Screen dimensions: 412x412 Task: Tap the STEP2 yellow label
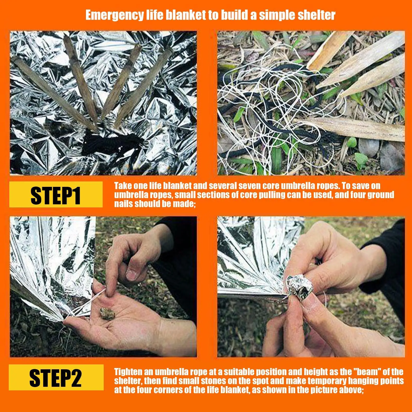(x=56, y=377)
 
